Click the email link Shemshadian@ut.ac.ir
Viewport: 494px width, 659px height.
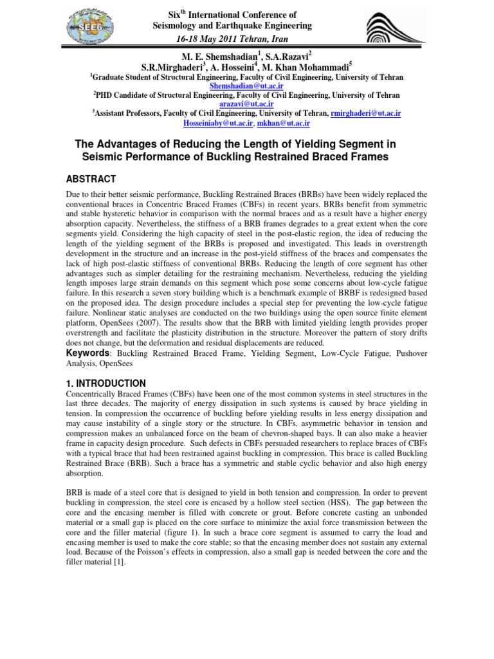tap(246, 86)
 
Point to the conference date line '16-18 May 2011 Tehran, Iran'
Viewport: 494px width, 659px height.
tap(232, 39)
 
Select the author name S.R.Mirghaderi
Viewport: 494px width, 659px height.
tap(175, 67)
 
